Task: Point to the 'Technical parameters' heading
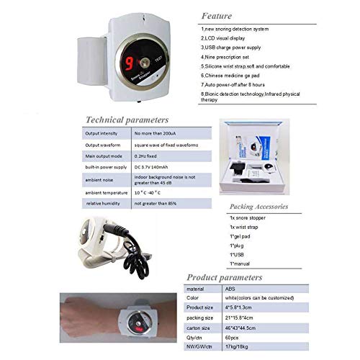click(x=127, y=120)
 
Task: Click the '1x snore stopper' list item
click(x=249, y=216)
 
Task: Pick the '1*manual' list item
click(x=242, y=264)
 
